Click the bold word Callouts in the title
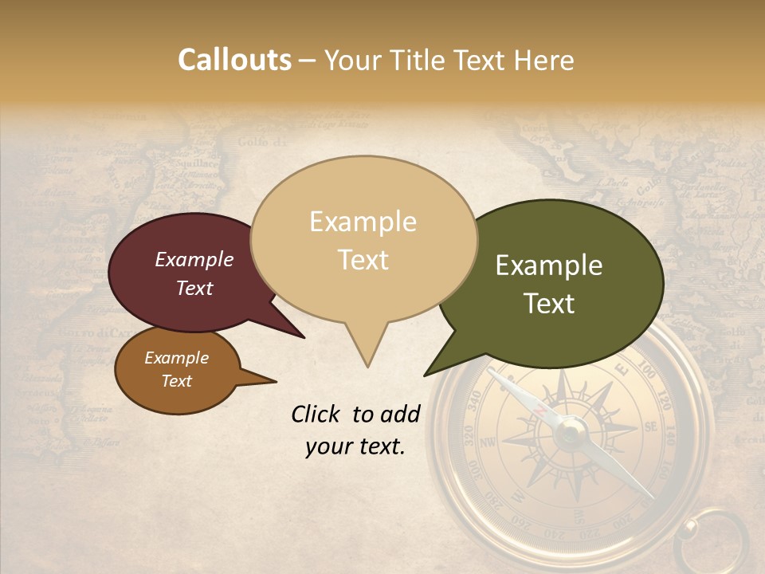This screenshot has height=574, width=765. (234, 60)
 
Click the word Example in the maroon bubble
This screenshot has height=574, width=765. (194, 259)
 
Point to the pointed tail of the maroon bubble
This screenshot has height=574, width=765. (303, 336)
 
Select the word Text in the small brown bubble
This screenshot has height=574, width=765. (176, 381)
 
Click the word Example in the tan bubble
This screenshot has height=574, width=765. (363, 222)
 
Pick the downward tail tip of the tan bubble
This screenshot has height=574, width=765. (367, 367)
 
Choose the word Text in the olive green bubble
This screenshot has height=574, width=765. (549, 304)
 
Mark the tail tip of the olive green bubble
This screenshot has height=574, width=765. (426, 375)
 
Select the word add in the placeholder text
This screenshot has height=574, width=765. (400, 414)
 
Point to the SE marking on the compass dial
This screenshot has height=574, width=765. (649, 428)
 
